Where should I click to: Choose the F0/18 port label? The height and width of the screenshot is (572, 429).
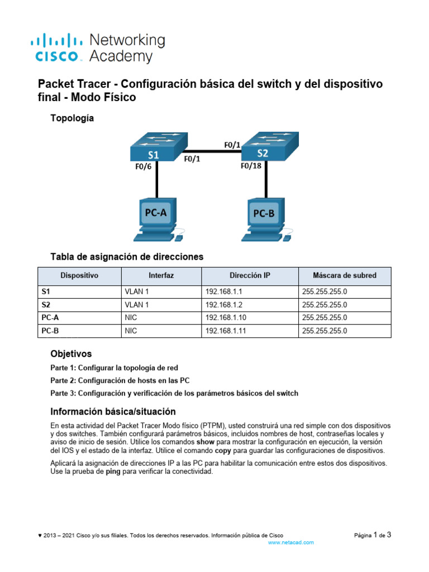[x=251, y=166]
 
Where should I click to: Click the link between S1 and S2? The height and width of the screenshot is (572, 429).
[x=209, y=150]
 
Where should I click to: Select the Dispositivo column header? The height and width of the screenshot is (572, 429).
[x=79, y=275]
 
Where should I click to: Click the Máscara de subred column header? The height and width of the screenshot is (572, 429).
[x=344, y=275]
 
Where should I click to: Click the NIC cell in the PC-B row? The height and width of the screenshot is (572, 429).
[x=131, y=331]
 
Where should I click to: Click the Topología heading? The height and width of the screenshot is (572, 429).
[x=72, y=118]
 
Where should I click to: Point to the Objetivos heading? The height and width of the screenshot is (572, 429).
[x=71, y=354]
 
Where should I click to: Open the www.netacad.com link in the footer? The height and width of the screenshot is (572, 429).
[x=291, y=542]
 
